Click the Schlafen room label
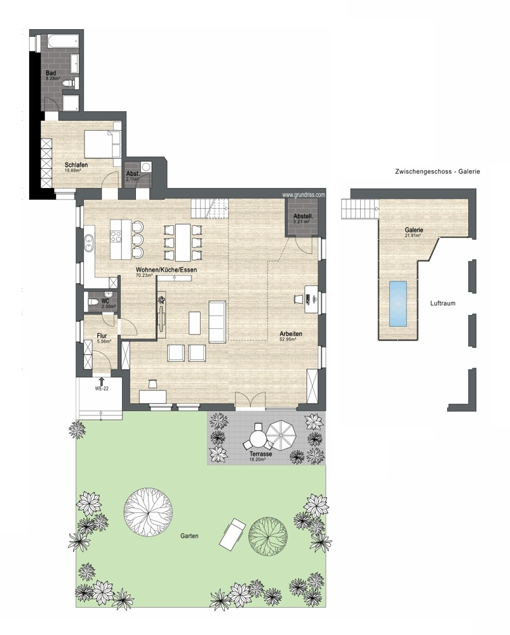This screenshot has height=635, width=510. [76, 165]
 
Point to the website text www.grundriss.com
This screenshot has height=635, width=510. [304, 195]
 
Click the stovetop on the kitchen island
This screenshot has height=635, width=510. [116, 236]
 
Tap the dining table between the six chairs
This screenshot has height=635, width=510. [182, 242]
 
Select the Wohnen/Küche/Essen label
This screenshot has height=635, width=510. [166, 270]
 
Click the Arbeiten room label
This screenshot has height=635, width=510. [290, 334]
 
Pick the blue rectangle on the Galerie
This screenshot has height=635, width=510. [398, 304]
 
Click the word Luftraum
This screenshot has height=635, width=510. [443, 303]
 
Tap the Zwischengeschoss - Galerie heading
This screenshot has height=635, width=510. [438, 171]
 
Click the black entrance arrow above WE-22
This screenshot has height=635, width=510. [101, 380]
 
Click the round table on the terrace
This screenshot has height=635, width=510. [257, 438]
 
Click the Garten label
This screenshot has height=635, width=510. [189, 536]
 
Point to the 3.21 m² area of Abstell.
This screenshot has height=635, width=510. [302, 222]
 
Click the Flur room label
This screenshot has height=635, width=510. [102, 336]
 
